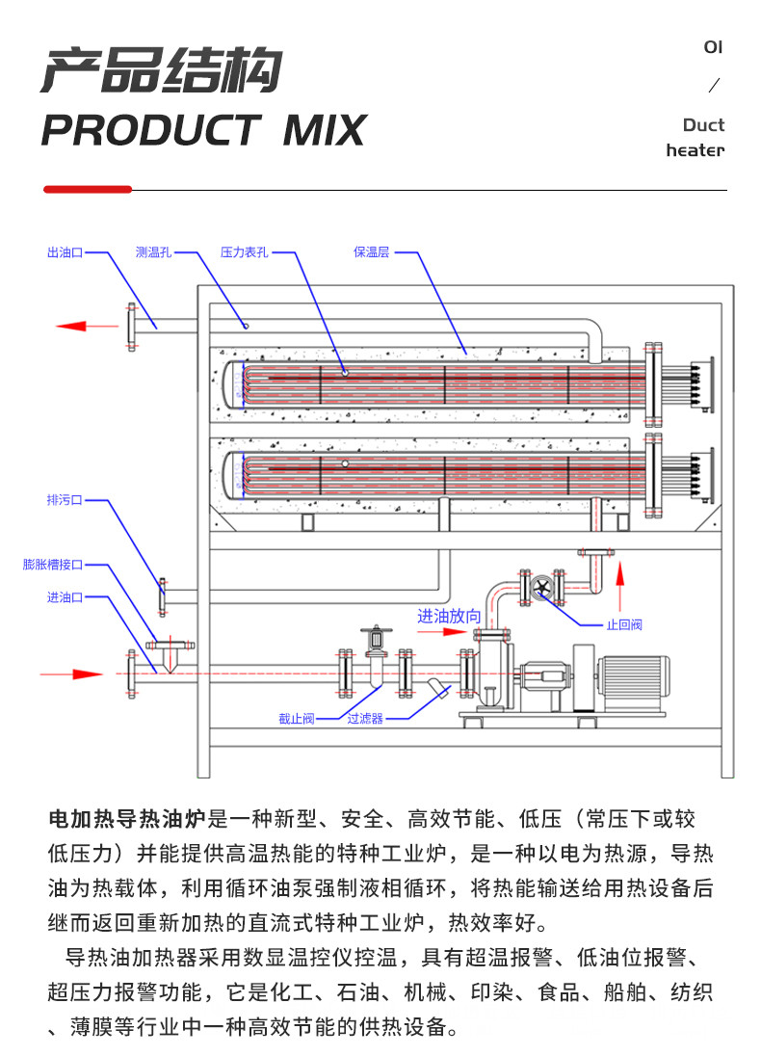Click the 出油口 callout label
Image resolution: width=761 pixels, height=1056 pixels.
(65, 252)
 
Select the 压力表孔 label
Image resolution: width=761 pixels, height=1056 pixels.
(244, 252)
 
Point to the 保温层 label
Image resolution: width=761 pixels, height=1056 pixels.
(371, 252)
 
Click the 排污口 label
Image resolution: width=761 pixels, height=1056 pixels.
(65, 500)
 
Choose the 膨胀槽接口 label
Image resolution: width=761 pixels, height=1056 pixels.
(53, 565)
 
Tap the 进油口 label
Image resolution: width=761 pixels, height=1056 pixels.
(65, 597)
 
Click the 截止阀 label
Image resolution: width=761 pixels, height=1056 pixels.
(296, 719)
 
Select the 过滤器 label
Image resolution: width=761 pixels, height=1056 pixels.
(365, 719)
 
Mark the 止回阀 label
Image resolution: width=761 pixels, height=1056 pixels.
(623, 624)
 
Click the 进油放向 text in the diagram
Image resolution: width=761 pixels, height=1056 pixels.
(448, 616)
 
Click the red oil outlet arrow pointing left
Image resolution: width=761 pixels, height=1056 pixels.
(86, 326)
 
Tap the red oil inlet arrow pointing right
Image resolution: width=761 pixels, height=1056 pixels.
(72, 673)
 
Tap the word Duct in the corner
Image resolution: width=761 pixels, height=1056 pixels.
(703, 125)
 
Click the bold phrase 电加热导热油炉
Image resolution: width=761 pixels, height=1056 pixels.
(127, 820)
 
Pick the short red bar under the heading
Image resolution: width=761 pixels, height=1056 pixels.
(88, 190)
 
